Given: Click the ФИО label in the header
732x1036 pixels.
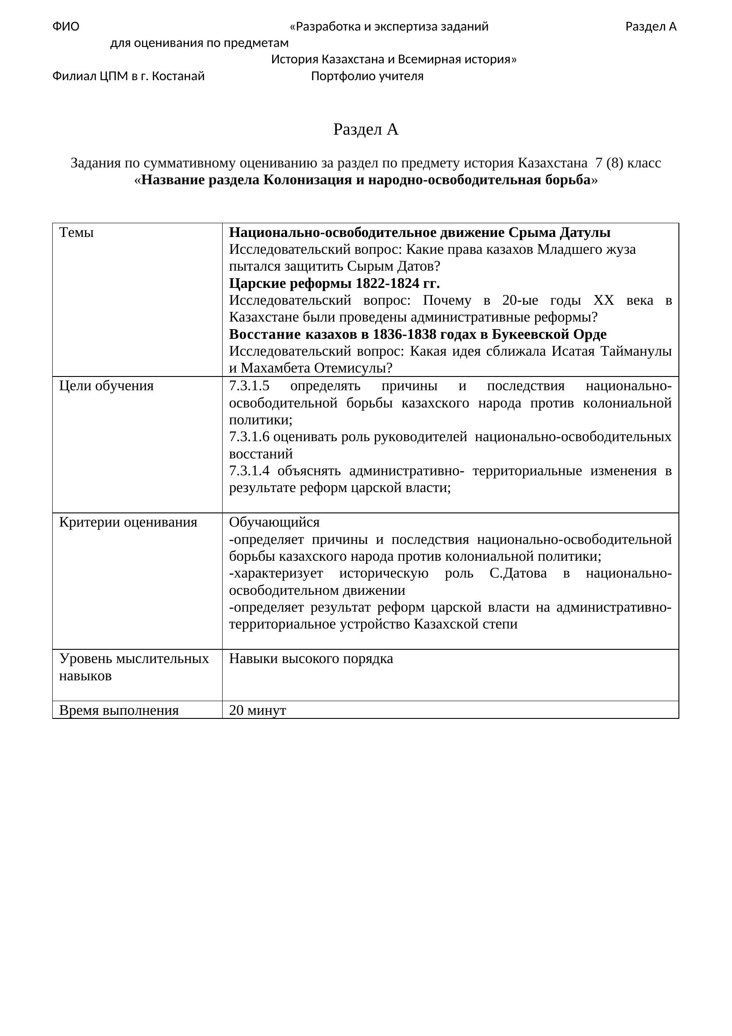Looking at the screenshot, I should point(66,27).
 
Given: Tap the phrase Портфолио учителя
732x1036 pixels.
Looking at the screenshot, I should point(367,76).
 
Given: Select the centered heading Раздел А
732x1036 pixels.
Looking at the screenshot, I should point(366,129).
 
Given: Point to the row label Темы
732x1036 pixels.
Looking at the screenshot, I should point(77,233).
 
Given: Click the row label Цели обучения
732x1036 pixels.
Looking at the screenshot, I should point(106,386).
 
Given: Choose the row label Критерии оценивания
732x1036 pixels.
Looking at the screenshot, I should point(128,523).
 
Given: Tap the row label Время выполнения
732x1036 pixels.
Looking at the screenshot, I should point(119,710).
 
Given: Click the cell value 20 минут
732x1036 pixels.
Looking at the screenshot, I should point(258,710).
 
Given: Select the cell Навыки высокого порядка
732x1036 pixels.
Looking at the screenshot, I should point(311,659).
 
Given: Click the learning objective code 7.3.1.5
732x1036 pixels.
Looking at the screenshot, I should point(249,386).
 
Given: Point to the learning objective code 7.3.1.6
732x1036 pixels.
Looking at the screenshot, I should point(249,437).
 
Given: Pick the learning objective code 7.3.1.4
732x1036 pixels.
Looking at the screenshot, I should point(249,471).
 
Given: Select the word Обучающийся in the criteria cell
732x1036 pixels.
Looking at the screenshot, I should point(274,523).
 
